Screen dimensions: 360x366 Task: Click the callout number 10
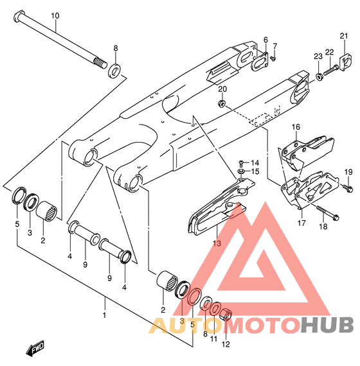coord(55,16)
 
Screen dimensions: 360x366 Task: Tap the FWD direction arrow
coord(35,349)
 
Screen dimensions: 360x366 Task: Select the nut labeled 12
coord(226,314)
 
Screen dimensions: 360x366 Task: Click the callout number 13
coord(217,243)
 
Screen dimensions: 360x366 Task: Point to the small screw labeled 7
coord(273,58)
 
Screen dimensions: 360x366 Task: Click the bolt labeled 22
coord(331,69)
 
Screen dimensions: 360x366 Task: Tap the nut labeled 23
coord(319,77)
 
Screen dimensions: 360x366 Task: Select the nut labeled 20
coord(222,103)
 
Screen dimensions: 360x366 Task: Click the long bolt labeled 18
coord(327,212)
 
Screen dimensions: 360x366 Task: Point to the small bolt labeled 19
coord(348,188)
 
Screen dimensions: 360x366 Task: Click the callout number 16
coord(296,127)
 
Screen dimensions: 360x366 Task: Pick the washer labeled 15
coord(241,171)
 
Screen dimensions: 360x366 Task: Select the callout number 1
coord(104,315)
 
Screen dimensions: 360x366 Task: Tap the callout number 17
coord(301,223)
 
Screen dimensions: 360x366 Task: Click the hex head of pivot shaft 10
coord(19,16)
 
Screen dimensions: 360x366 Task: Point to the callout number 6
coord(265,40)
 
